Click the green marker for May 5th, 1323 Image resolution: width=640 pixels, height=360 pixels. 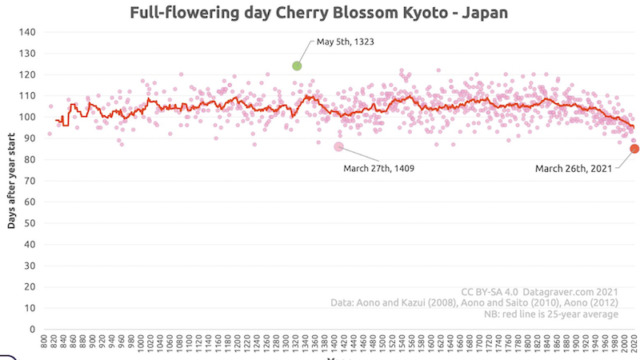(x=297, y=66)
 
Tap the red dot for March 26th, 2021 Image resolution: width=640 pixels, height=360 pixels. (x=634, y=148)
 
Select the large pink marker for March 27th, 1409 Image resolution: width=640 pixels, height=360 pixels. (x=338, y=146)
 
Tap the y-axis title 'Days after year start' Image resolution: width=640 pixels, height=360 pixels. (x=11, y=180)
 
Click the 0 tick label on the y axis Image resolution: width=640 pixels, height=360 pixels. (x=33, y=329)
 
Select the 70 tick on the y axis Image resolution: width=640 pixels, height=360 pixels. (x=30, y=181)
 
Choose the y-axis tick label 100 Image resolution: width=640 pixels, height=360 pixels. (x=28, y=117)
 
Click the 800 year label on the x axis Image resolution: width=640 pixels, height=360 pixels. (x=45, y=342)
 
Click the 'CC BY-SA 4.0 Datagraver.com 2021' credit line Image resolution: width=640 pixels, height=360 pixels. (x=540, y=291)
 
